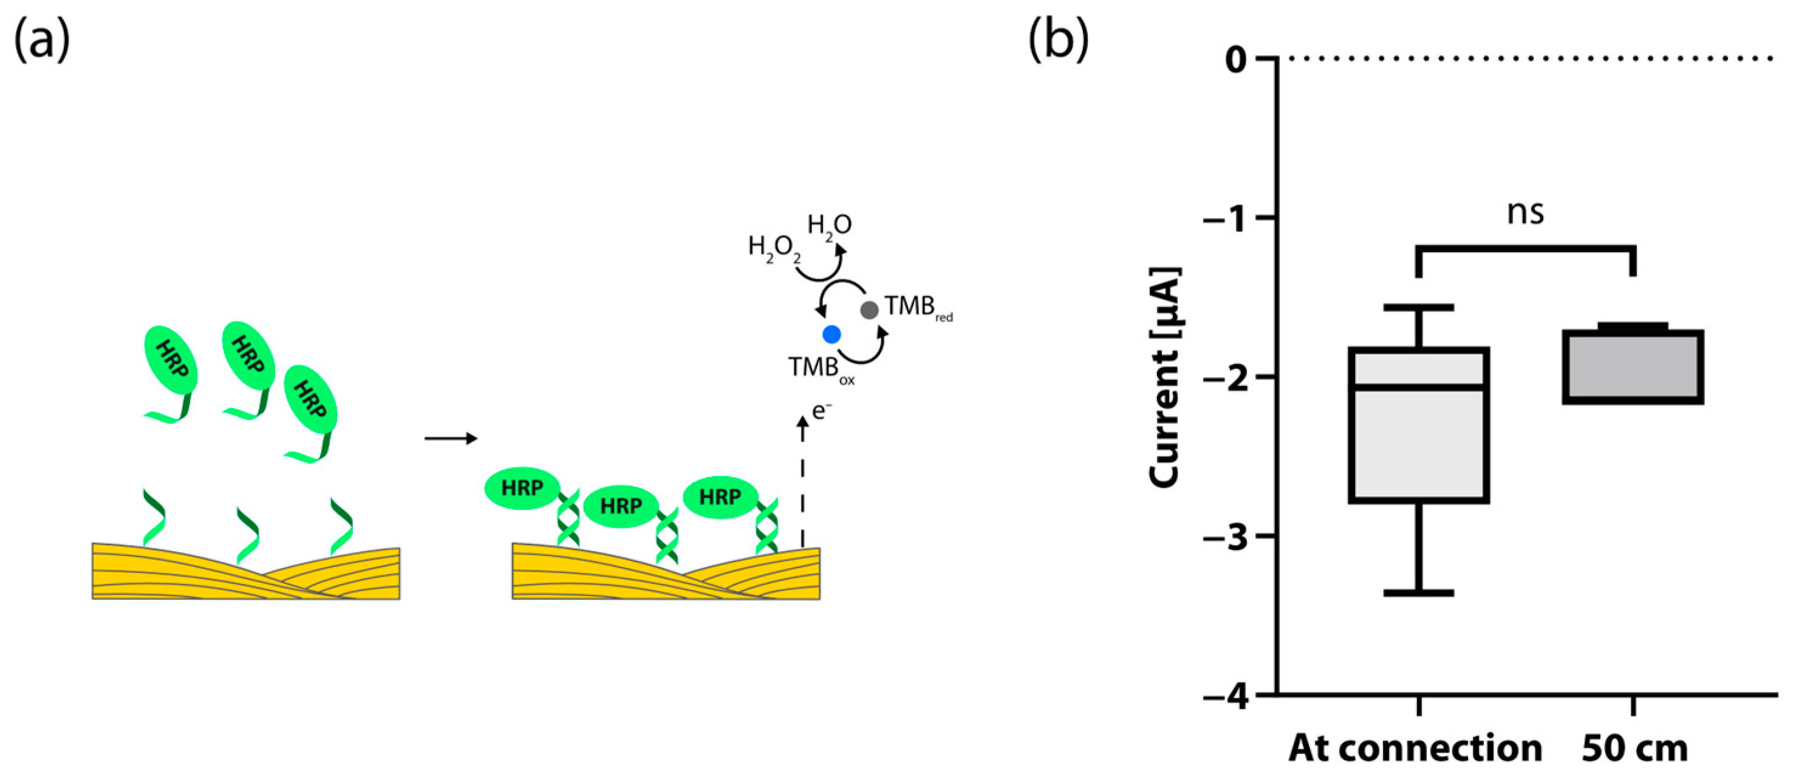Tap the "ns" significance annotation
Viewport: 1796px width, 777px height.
click(1526, 212)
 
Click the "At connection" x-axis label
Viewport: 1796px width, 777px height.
click(1415, 748)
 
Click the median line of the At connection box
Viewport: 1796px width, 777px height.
click(1419, 387)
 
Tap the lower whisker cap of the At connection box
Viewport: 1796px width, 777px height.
click(1419, 592)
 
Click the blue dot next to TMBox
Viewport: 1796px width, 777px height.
click(831, 334)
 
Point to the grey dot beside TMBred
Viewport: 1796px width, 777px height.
click(869, 310)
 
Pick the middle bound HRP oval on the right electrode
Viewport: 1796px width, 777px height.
click(621, 506)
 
